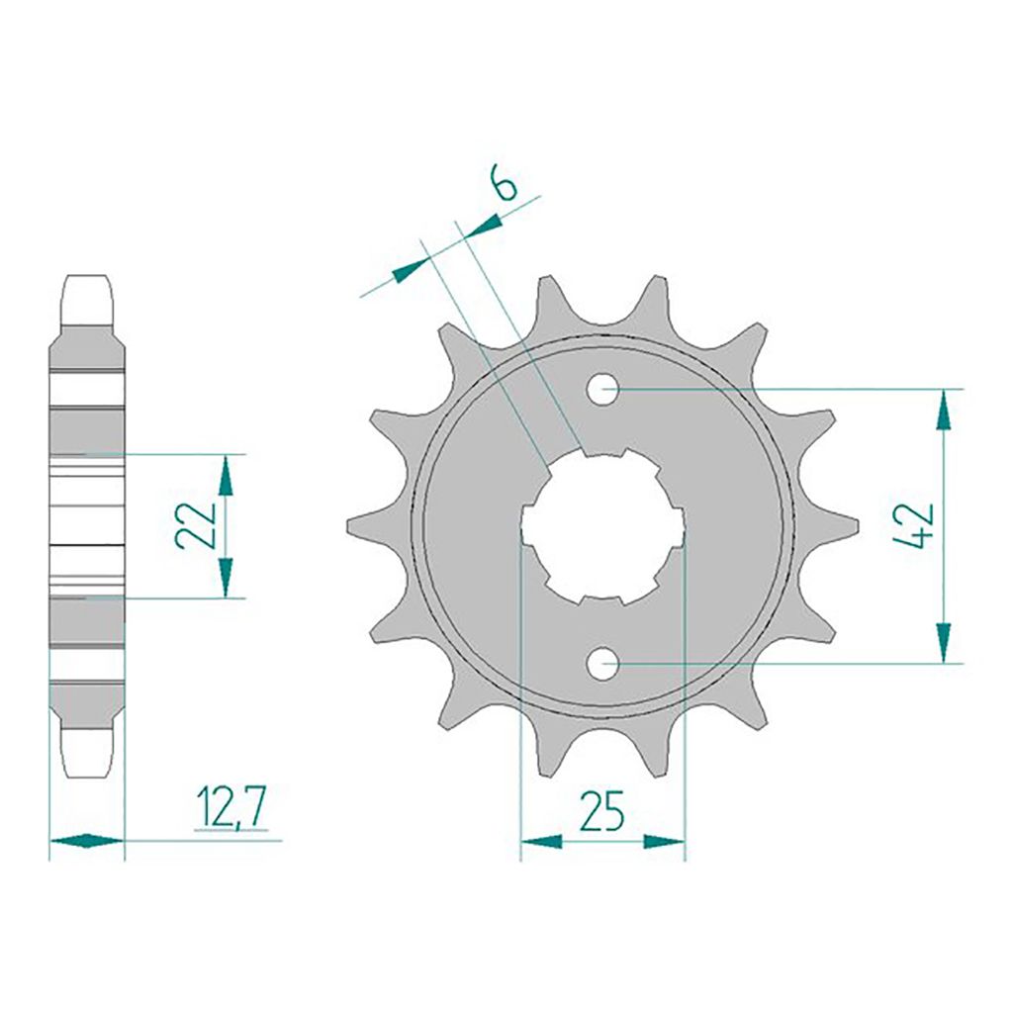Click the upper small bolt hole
[x=602, y=389]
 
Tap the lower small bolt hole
[x=602, y=664]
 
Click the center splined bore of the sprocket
[x=602, y=526]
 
